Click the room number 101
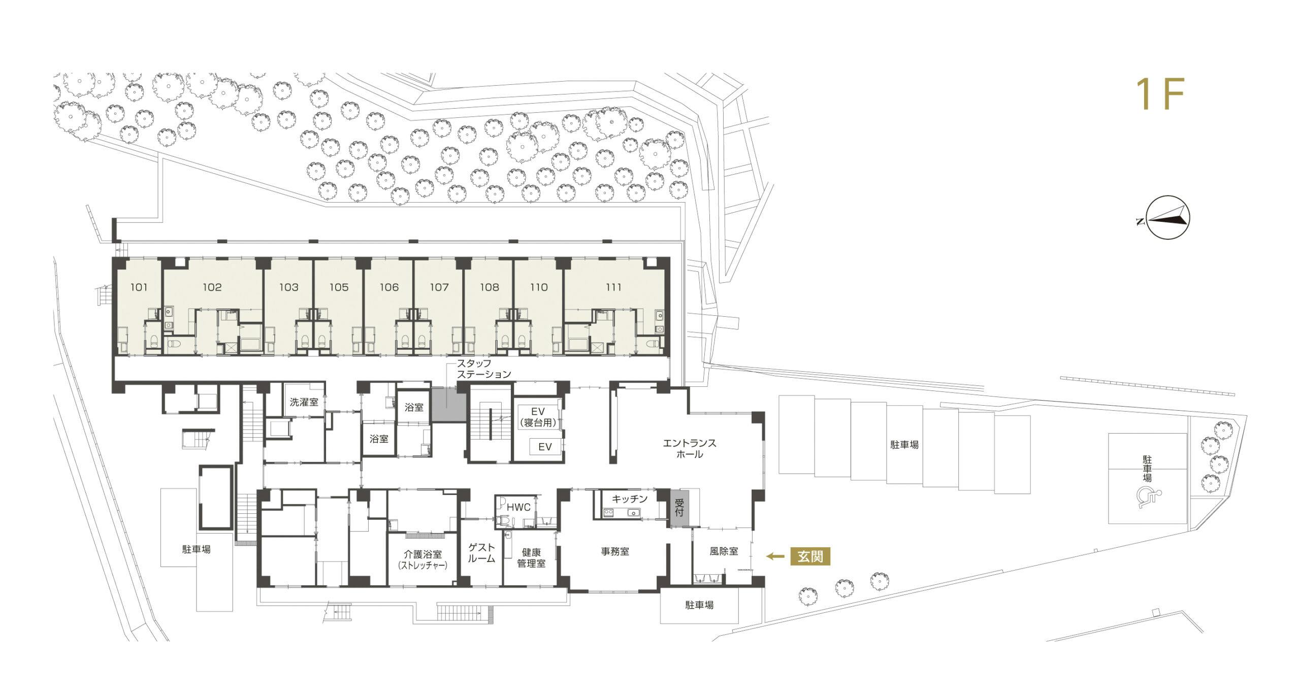[139, 287]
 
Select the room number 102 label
[212, 287]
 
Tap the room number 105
[339, 287]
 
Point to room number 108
[490, 287]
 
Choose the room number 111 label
[613, 287]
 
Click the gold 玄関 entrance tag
[810, 557]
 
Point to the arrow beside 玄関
[774, 557]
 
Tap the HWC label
[518, 507]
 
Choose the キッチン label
[630, 499]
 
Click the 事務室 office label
[615, 551]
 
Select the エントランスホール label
[690, 449]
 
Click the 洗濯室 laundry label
[304, 403]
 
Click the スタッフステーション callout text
[484, 369]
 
